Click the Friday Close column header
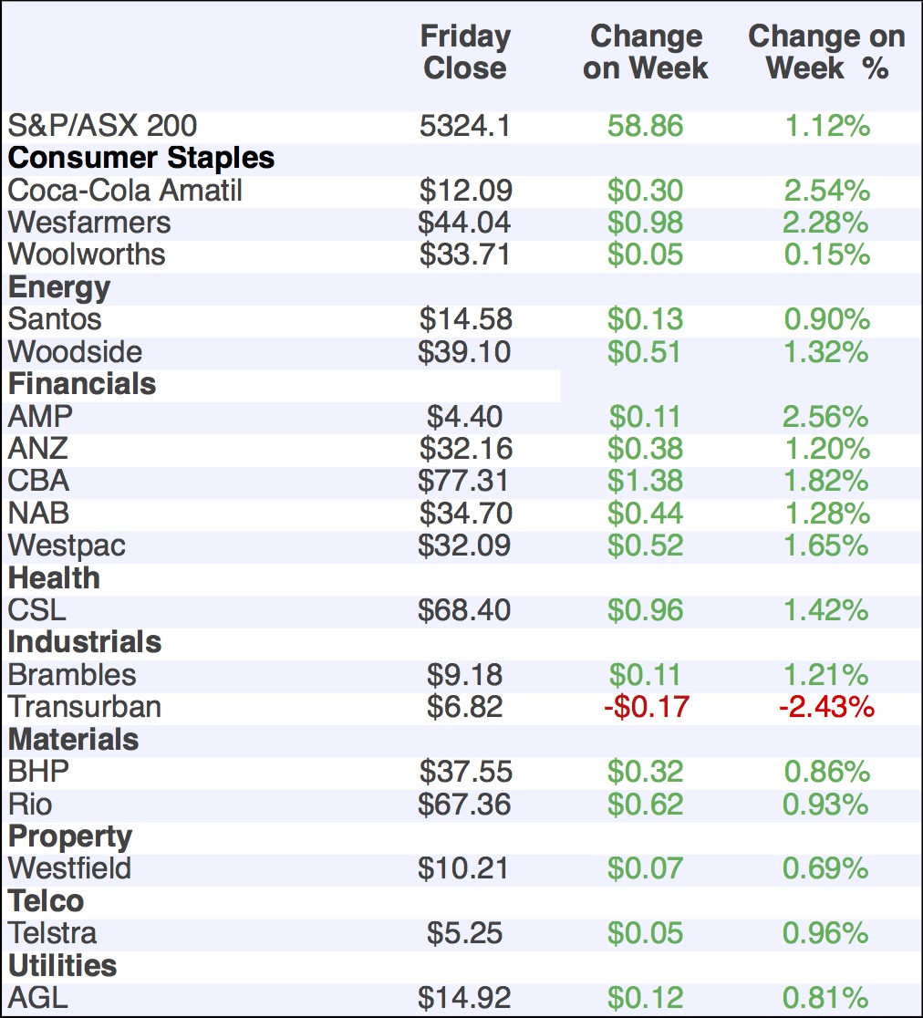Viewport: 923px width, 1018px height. [x=465, y=52]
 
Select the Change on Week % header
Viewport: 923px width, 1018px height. [x=826, y=52]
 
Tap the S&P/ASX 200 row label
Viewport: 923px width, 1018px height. [x=102, y=126]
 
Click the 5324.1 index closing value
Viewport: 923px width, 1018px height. [x=465, y=126]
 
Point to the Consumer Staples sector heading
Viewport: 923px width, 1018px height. [x=141, y=158]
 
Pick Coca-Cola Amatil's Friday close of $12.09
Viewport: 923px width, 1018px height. [x=465, y=191]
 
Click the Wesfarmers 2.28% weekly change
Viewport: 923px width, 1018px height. [x=826, y=223]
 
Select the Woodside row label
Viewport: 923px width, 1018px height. [x=75, y=352]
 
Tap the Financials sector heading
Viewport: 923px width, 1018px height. [x=82, y=384]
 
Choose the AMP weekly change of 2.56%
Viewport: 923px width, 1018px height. [x=826, y=417]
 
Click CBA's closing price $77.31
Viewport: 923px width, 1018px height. [x=465, y=481]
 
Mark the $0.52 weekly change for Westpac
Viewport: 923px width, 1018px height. [x=646, y=545]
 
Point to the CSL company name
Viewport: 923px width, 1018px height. [x=37, y=610]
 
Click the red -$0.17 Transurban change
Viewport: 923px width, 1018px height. [x=646, y=707]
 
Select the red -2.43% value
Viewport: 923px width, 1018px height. [x=826, y=707]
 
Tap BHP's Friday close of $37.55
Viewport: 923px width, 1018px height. [x=465, y=772]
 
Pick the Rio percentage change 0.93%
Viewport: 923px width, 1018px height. [x=826, y=805]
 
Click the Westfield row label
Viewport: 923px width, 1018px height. [x=69, y=868]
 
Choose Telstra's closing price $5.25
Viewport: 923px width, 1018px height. [x=465, y=933]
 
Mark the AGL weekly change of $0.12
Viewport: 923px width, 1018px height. [x=646, y=998]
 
